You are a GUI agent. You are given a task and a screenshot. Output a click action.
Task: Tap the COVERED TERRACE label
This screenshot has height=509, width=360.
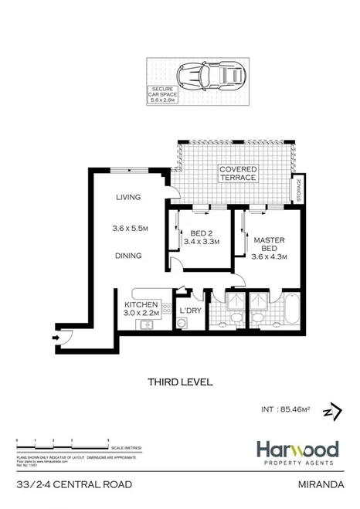[x=238, y=173]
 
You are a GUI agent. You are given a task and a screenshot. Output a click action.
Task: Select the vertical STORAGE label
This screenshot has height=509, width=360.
[x=297, y=189]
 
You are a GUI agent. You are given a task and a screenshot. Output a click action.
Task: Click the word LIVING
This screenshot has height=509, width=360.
[x=128, y=198]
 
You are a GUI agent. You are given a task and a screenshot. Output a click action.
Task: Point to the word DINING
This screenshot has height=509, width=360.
[x=128, y=256]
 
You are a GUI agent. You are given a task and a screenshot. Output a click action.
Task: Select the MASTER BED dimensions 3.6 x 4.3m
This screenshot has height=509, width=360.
[x=270, y=257]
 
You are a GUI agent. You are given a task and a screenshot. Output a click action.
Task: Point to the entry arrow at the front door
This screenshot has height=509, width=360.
[x=57, y=337]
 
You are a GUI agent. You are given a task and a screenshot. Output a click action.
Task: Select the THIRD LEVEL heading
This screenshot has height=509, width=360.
[x=179, y=382]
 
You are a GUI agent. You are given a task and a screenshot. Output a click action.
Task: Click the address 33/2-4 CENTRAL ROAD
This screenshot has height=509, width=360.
[x=68, y=486]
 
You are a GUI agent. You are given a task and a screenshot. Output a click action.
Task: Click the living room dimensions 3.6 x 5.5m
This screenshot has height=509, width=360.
[x=128, y=227]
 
